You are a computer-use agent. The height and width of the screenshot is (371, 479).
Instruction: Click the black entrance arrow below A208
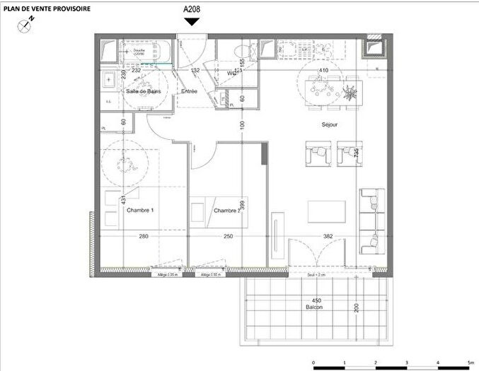(x=192, y=22)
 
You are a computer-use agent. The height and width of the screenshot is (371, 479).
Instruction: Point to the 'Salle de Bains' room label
(x=144, y=92)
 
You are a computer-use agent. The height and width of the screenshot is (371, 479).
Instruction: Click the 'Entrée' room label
(x=189, y=92)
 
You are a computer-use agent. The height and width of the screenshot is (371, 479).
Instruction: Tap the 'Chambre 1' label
(x=140, y=211)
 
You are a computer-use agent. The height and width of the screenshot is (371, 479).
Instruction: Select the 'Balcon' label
(x=306, y=309)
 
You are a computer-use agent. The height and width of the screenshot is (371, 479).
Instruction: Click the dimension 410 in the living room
(x=324, y=71)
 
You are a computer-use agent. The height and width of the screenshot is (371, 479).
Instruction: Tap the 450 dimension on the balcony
(x=306, y=301)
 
